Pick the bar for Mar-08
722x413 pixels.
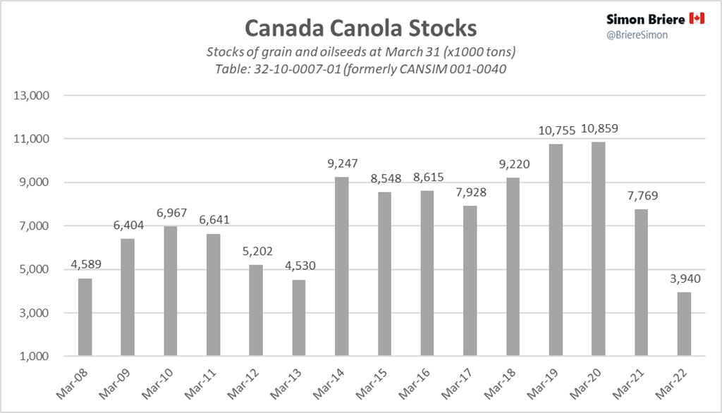85,317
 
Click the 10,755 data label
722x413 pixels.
555,130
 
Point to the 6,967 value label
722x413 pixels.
170,212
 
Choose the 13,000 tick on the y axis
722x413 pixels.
29,96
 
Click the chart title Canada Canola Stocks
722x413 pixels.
360,28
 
